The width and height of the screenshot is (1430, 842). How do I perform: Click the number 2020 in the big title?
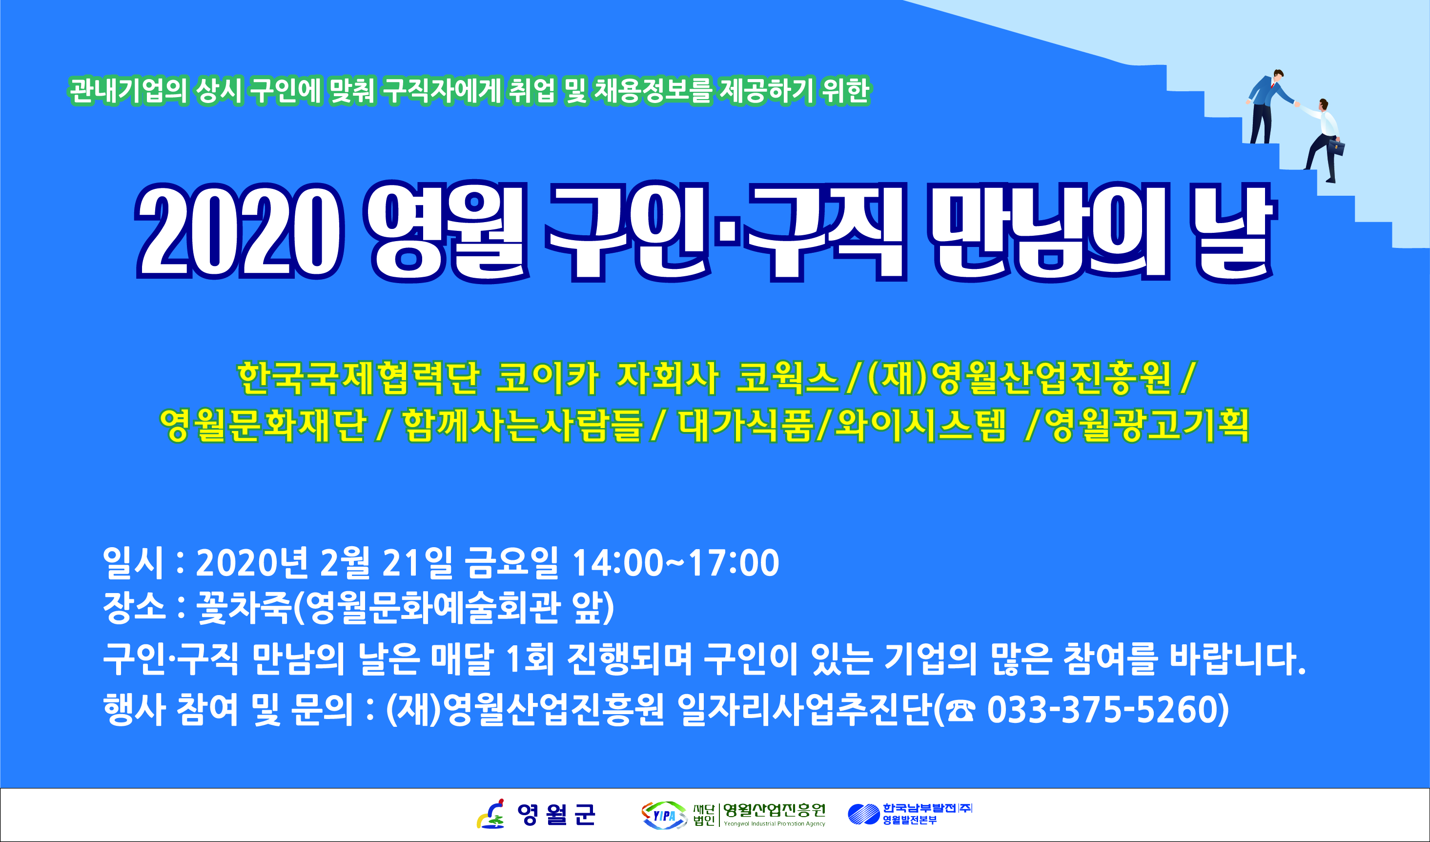pos(240,231)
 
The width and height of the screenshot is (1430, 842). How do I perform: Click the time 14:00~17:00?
pos(675,563)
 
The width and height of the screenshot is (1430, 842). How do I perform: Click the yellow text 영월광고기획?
pos(1147,426)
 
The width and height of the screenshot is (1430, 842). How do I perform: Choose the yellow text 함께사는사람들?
pos(522,426)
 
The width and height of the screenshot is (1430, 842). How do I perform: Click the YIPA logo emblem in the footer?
pos(664,815)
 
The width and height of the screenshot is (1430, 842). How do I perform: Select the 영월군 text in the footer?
pos(555,815)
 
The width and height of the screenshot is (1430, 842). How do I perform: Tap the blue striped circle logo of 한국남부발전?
pos(864,814)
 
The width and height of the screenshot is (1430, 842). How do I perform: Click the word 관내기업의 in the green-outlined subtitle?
pos(128,91)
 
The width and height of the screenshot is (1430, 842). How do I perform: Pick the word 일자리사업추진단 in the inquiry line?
pos(805,710)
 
